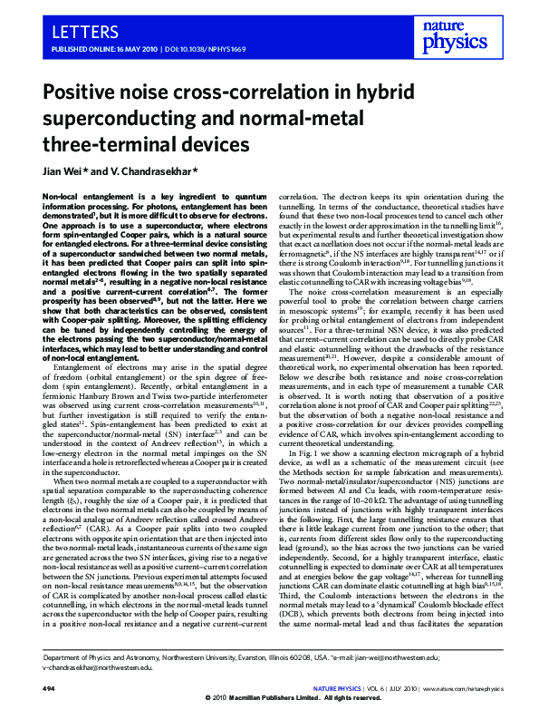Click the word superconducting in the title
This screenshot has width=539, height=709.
pyautogui.click(x=121, y=120)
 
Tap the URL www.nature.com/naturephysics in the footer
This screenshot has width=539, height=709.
pyautogui.click(x=451, y=685)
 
